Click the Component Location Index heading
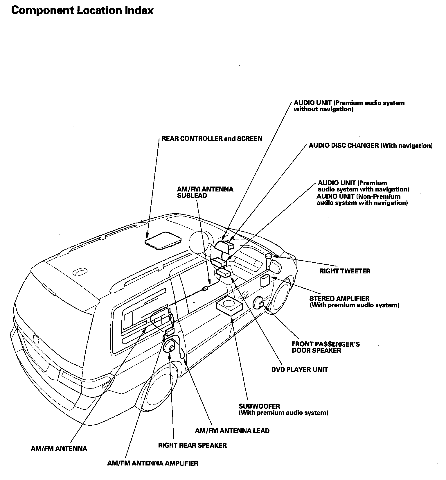pyautogui.click(x=82, y=10)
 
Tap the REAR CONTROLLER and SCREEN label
pyautogui.click(x=212, y=139)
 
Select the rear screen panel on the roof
pyautogui.click(x=163, y=240)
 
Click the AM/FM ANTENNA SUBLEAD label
pyautogui.click(x=205, y=192)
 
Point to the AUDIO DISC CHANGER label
pyautogui.click(x=371, y=146)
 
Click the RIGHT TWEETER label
pyautogui.click(x=345, y=271)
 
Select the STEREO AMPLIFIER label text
pyautogui.click(x=354, y=302)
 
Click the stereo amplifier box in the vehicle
pyautogui.click(x=265, y=281)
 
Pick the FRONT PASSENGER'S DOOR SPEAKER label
pyautogui.click(x=326, y=347)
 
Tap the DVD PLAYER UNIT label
pyautogui.click(x=299, y=370)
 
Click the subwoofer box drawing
pyautogui.click(x=229, y=307)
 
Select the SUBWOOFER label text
pyautogui.click(x=283, y=409)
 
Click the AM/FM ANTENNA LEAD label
pyautogui.click(x=232, y=431)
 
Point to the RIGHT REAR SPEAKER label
pyautogui.click(x=192, y=445)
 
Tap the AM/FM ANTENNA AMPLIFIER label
pyautogui.click(x=153, y=463)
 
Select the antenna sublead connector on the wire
pyautogui.click(x=205, y=289)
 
